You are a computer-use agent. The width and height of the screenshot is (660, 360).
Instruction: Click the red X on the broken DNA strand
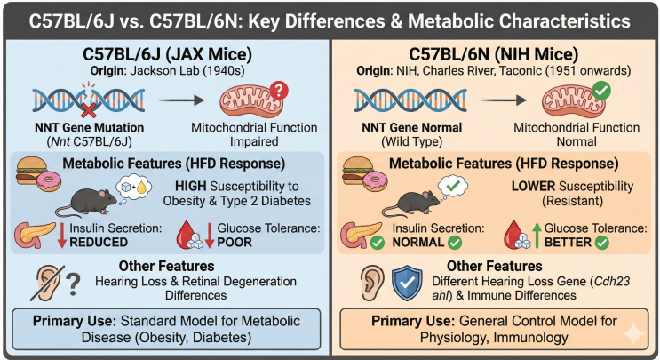coord(89,110)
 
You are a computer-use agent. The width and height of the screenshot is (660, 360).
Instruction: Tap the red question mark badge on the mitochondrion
coord(279,90)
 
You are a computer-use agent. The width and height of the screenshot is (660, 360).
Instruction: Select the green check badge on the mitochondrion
coord(601,90)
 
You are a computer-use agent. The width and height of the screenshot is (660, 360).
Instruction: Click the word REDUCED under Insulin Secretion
coord(99,243)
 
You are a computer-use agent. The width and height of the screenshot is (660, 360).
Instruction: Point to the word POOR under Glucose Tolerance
coord(235,243)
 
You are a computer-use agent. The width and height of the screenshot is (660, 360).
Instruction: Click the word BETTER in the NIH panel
coord(568,243)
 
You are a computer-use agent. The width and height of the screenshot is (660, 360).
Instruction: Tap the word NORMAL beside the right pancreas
coord(418,243)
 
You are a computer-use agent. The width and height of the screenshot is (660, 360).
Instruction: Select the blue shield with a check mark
coord(407,284)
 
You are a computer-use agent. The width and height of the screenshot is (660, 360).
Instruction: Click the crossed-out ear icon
coord(47,282)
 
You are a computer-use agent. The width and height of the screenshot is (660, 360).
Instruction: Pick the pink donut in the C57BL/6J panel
coord(49,180)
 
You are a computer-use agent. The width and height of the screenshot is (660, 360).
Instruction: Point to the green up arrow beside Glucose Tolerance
coord(537,235)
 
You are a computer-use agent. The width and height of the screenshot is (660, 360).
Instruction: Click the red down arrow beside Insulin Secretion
coord(62,235)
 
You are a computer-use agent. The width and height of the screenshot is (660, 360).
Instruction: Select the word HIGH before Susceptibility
coord(191,186)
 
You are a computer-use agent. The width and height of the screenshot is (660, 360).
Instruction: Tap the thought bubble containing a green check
coord(451,187)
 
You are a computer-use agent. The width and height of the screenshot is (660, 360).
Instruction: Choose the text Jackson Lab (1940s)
coord(187,71)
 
